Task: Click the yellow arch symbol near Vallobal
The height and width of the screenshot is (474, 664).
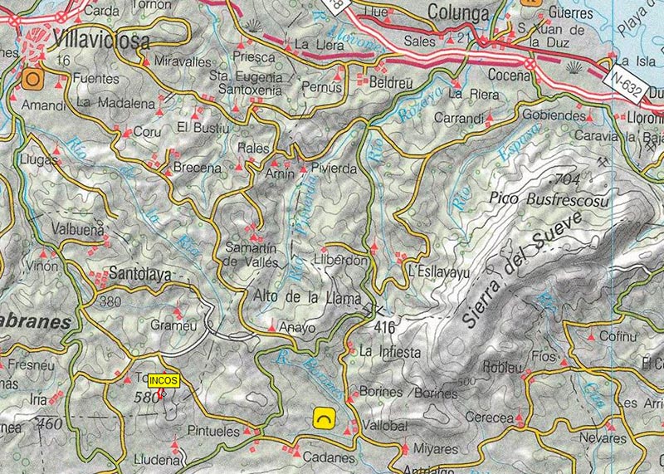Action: pyautogui.click(x=321, y=418)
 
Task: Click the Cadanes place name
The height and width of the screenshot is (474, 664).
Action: pyautogui.click(x=330, y=458)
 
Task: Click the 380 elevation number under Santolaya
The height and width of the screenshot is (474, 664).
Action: pyautogui.click(x=110, y=301)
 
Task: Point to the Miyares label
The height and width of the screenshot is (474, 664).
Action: pyautogui.click(x=430, y=449)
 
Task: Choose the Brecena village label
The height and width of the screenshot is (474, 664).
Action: pyautogui.click(x=197, y=169)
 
